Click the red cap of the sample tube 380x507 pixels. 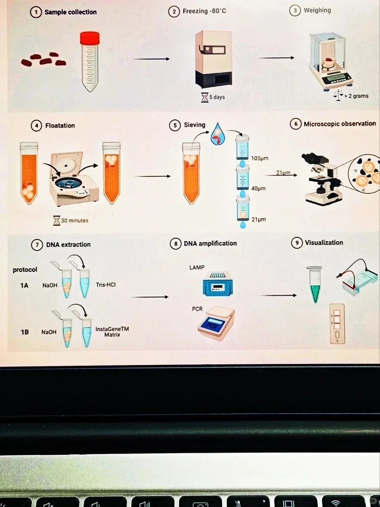point(90,38)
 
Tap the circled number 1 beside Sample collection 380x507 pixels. point(36,12)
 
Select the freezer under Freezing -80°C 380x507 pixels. point(214,59)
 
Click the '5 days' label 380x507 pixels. point(217,97)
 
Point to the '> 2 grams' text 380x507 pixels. point(356,96)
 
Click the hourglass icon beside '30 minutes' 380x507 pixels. point(57,221)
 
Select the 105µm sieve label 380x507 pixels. point(260,158)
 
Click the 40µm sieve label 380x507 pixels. point(258,188)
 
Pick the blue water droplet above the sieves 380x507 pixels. point(217,134)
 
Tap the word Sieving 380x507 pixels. point(195,125)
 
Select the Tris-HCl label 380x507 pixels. point(106,284)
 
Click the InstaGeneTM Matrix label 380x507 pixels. point(112,332)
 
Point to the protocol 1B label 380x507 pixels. point(25,332)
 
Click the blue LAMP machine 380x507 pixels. point(218,284)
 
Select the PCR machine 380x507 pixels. point(216,323)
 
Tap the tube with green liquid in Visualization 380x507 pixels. point(315,284)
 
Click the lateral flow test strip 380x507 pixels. point(337,324)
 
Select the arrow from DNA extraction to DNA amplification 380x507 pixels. point(150,297)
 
